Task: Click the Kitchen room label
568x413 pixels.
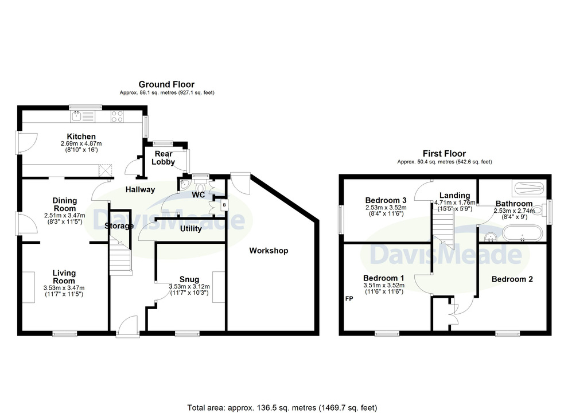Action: tap(81, 137)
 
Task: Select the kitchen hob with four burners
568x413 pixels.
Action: tap(117, 116)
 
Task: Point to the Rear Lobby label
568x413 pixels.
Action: tap(164, 158)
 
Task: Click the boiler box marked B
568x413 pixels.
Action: tap(224, 205)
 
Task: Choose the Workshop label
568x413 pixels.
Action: tap(269, 251)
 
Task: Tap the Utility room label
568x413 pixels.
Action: tap(191, 229)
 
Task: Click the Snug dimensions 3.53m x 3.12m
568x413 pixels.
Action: tap(189, 286)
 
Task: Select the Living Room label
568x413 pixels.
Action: tap(64, 277)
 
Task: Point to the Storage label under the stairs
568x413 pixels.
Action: tap(119, 226)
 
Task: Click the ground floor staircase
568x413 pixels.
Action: tap(120, 256)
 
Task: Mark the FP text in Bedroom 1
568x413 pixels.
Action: tap(349, 299)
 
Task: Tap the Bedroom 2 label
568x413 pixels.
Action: tap(512, 279)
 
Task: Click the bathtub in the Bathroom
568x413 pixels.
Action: tap(522, 234)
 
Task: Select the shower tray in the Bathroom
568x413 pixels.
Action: tap(530, 188)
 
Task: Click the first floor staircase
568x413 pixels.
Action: tap(443, 230)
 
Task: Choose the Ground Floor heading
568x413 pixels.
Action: tap(166, 84)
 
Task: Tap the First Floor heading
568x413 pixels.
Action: tap(445, 154)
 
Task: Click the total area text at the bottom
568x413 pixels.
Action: tap(282, 408)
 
